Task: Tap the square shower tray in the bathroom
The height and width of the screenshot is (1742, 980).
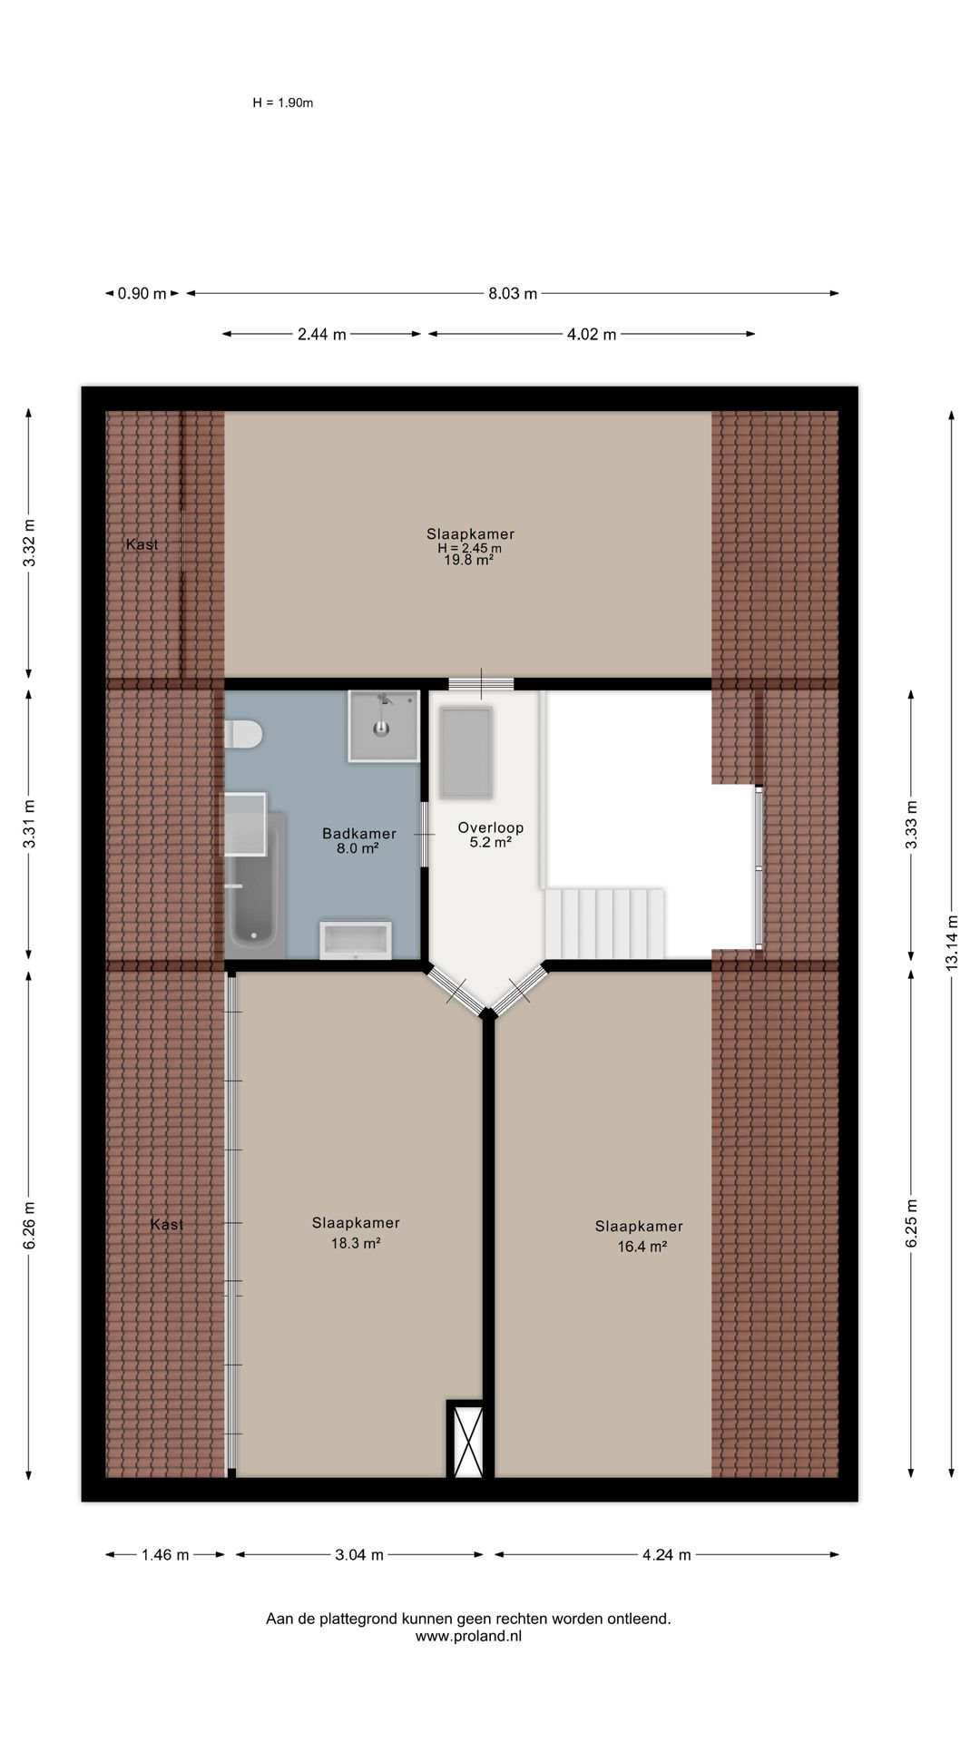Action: [383, 726]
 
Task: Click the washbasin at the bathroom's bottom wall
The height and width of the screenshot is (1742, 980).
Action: [356, 940]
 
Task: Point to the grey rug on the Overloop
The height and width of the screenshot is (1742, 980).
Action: [465, 753]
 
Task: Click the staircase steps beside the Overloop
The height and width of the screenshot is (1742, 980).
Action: [604, 924]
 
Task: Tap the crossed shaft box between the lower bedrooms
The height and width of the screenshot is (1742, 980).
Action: [468, 1440]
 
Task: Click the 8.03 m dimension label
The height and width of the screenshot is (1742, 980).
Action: [513, 294]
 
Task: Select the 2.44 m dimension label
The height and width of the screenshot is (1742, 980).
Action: [322, 335]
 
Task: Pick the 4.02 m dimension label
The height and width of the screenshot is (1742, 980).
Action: [592, 335]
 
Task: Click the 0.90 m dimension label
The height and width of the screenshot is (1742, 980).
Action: [142, 294]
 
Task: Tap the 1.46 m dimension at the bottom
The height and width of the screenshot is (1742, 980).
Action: [165, 1555]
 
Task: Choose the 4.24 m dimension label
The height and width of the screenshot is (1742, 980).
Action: [667, 1555]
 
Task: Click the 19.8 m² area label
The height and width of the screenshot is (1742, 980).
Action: [469, 561]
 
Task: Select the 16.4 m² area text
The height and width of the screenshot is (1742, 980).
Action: [642, 1247]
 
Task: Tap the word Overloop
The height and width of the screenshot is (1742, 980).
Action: [491, 827]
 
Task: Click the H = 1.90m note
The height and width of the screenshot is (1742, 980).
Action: [283, 103]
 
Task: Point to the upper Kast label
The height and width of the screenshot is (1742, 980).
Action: [142, 544]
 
